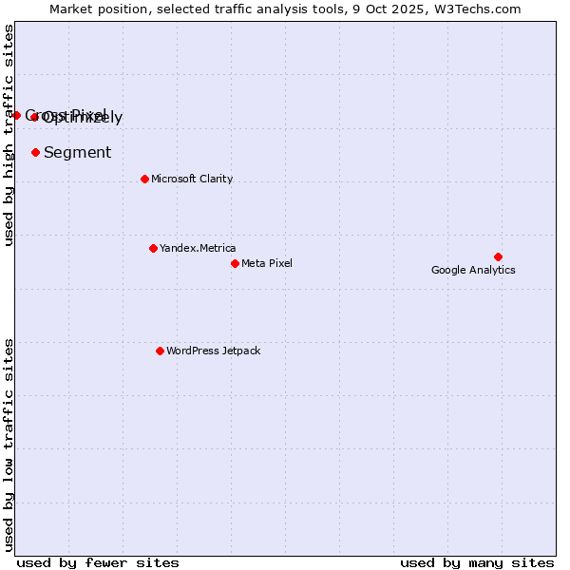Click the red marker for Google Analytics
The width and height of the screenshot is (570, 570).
[498, 256]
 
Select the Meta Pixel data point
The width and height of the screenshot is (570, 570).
[235, 263]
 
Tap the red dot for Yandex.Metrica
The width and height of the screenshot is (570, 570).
[153, 248]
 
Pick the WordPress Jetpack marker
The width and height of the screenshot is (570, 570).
[160, 351]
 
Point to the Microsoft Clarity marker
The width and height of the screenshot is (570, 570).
[144, 179]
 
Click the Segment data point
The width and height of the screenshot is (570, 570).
[35, 152]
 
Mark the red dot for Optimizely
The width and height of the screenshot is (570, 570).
[34, 117]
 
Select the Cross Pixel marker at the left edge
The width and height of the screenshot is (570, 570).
[16, 115]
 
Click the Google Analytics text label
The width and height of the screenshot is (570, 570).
[473, 270]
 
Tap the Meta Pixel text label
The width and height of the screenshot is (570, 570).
[267, 263]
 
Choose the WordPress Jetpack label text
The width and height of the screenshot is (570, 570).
[213, 351]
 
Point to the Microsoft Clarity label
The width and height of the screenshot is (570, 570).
[191, 179]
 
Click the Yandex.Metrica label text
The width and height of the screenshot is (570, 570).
[198, 248]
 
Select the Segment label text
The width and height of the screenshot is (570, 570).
[77, 152]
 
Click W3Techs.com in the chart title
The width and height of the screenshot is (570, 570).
[482, 9]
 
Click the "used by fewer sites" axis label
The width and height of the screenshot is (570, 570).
[98, 562]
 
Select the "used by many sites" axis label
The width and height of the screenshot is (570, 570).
[477, 562]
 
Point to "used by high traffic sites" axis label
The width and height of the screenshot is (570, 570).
[9, 135]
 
